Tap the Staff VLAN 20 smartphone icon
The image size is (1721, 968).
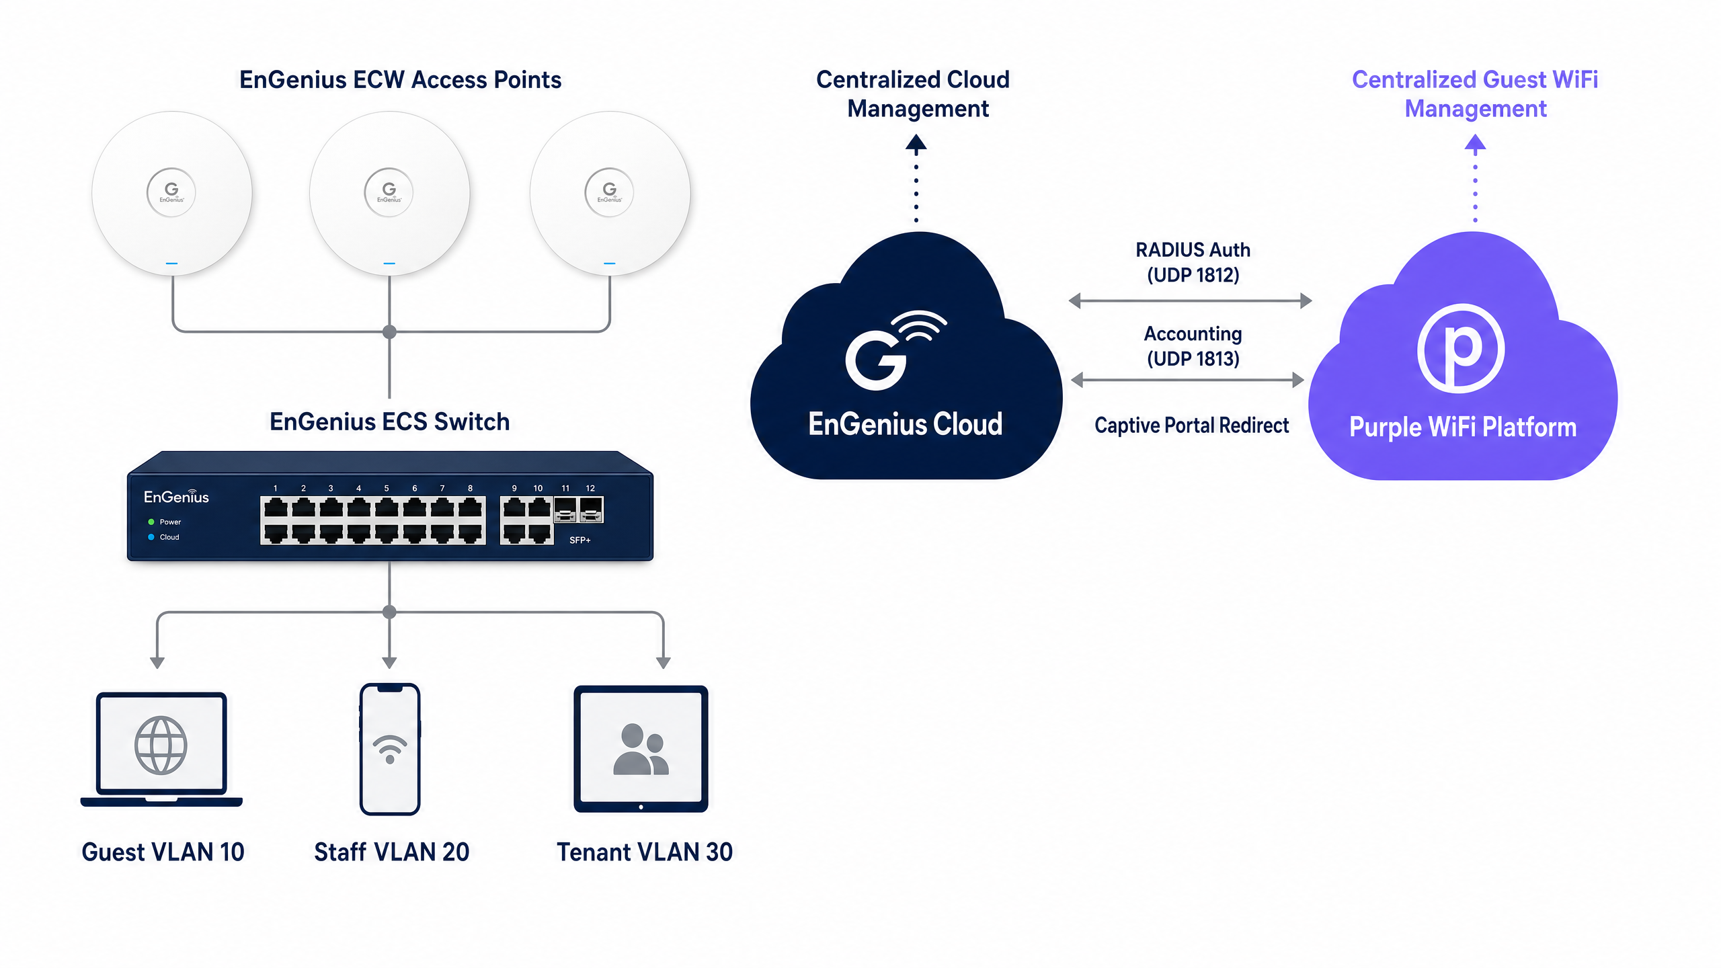(x=390, y=749)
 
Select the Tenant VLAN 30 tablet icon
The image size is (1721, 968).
(x=641, y=749)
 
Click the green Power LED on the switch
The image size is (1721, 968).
(x=151, y=522)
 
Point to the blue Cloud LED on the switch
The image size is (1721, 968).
(x=151, y=537)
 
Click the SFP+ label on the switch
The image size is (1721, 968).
(x=579, y=540)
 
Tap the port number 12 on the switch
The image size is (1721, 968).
(x=590, y=488)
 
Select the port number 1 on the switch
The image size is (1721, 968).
(x=275, y=488)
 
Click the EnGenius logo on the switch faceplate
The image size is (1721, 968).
(x=176, y=497)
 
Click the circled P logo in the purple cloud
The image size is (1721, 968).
(x=1461, y=348)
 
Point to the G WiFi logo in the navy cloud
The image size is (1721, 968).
(x=895, y=350)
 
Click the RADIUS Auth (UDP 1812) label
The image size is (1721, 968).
(x=1193, y=262)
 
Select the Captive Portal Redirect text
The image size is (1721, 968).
(x=1191, y=426)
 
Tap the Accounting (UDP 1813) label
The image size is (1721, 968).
(x=1193, y=346)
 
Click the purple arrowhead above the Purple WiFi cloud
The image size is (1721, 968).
(x=1475, y=142)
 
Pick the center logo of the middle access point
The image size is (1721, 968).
(x=389, y=192)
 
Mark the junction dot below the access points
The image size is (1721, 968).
(x=389, y=331)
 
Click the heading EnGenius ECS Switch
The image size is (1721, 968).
(x=389, y=421)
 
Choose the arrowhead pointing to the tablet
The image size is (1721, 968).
(x=664, y=663)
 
